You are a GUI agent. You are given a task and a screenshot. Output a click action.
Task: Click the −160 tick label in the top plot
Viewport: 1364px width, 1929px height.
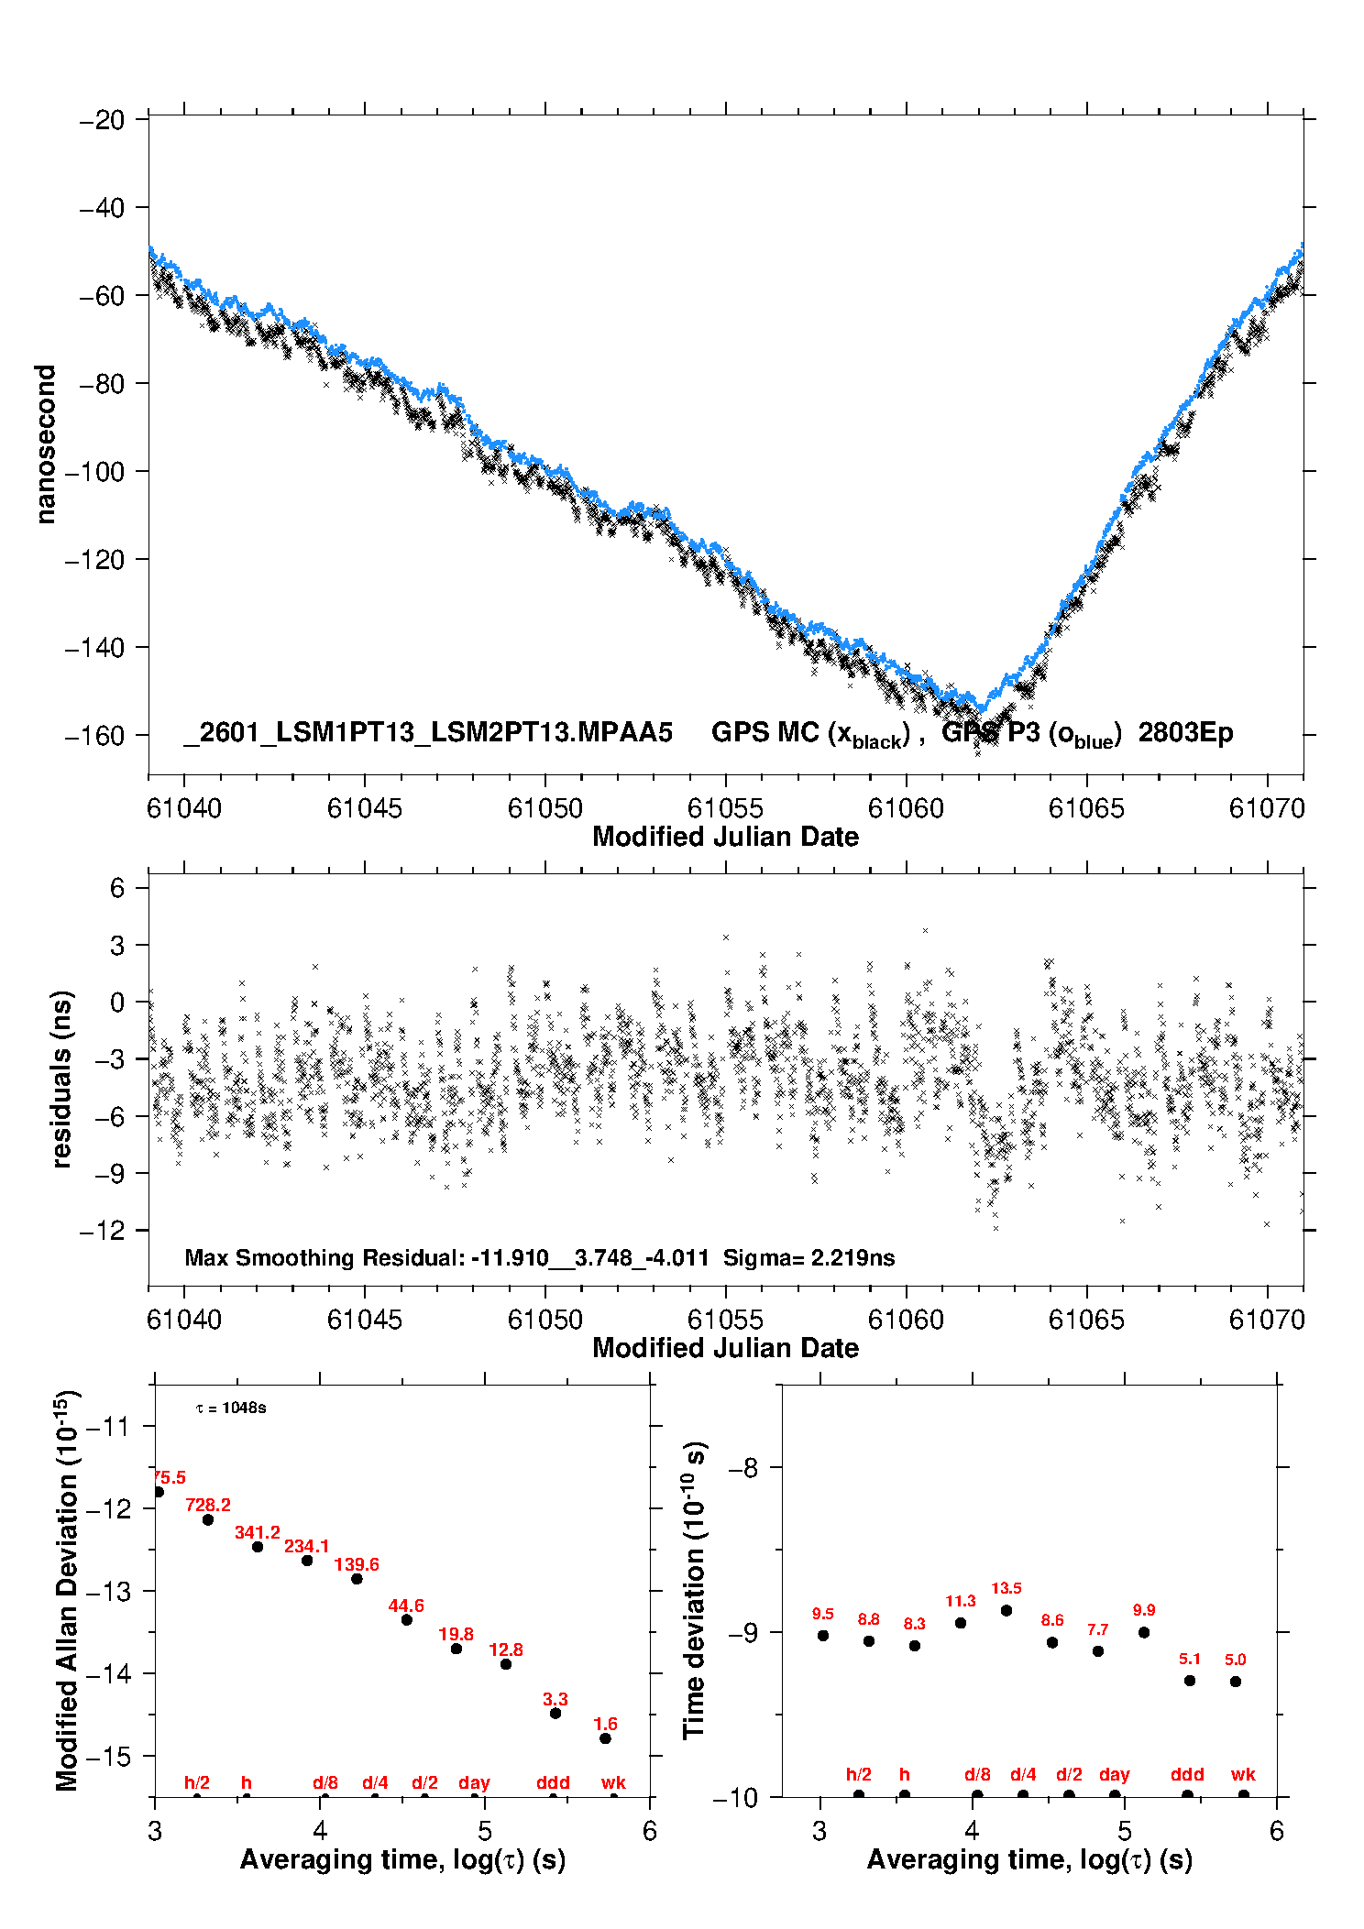94,736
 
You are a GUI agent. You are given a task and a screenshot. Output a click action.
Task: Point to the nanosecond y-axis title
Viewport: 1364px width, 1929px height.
45,444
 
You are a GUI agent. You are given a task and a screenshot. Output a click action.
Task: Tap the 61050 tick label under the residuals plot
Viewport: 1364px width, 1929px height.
544,1320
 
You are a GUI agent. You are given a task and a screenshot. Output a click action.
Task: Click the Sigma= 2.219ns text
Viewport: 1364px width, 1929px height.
808,1257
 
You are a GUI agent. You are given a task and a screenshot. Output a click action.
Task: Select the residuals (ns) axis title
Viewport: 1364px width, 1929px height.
61,1079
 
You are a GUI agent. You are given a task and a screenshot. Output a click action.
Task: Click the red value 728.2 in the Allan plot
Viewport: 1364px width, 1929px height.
208,1505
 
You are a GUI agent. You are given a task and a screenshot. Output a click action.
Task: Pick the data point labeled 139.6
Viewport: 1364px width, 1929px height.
357,1578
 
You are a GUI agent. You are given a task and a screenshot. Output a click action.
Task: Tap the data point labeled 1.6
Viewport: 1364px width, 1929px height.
605,1738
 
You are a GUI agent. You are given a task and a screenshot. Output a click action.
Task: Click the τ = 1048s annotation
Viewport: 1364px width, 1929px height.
231,1408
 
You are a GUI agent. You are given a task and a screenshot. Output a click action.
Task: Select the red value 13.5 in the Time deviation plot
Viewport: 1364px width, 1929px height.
1006,1588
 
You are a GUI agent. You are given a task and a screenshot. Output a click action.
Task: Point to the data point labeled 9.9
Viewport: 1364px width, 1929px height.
1144,1632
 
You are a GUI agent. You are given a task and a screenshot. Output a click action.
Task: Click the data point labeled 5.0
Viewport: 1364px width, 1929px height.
1236,1682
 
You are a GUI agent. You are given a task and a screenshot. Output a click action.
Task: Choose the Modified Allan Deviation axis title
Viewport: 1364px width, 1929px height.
67,1590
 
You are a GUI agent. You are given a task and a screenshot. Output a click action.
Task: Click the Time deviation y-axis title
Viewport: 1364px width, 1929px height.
694,1590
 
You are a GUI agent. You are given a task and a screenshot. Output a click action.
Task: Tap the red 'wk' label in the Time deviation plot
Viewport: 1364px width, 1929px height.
1243,1775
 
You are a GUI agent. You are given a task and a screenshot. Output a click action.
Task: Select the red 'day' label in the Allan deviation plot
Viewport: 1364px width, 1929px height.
474,1782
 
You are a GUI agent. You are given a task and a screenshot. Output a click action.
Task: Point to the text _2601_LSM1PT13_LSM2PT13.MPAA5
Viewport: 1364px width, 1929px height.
428,733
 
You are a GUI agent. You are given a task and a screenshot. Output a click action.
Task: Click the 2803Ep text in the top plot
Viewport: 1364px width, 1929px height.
1185,733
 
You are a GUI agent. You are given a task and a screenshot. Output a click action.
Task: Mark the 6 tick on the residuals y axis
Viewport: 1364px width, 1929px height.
117,887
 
